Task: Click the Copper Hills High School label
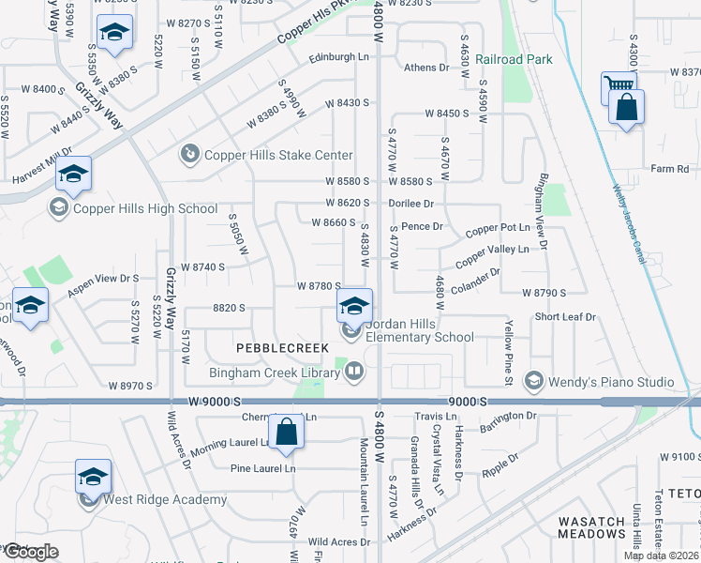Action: coord(145,208)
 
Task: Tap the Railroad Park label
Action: coord(514,59)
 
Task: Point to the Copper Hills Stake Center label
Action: coord(279,155)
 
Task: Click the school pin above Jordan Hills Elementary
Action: coord(354,304)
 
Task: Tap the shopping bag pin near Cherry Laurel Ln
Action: coord(287,432)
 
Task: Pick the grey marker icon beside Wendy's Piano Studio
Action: coord(533,381)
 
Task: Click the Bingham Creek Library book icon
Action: coord(354,373)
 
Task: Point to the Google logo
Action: coord(30,552)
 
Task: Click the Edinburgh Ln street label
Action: coord(340,57)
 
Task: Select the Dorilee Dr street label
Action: coord(412,203)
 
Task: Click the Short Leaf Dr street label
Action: coord(565,317)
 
